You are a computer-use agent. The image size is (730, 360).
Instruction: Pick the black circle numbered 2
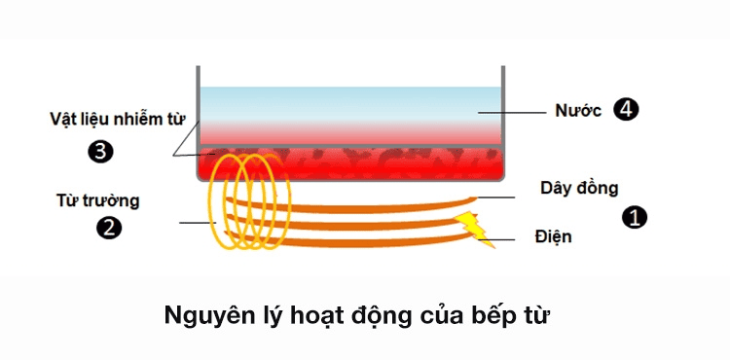pos(108,229)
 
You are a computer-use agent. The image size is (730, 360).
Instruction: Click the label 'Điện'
pos(552,237)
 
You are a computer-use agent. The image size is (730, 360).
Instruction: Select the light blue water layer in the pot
pos(350,102)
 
